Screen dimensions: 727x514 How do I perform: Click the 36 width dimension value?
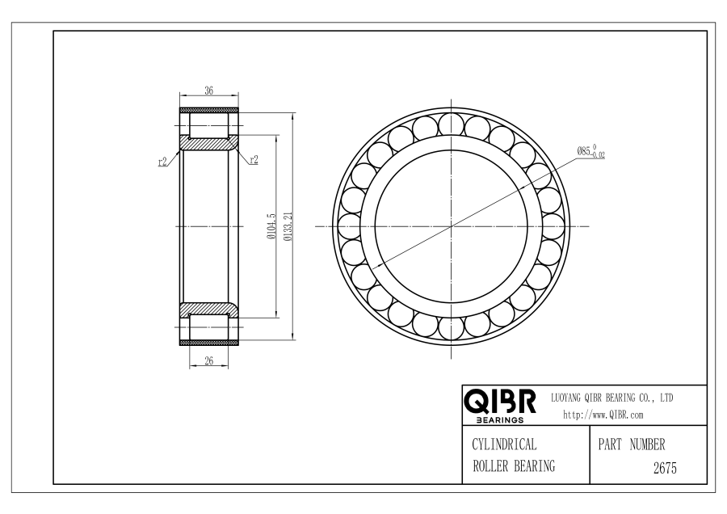click(209, 91)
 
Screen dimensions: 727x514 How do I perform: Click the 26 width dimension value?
click(209, 360)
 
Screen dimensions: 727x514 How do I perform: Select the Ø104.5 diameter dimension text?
click(271, 226)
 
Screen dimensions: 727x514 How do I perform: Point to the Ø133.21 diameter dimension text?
click(288, 227)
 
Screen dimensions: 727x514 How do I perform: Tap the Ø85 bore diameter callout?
click(590, 151)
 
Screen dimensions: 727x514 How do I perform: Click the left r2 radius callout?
click(162, 162)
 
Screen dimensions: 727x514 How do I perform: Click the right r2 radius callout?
click(254, 159)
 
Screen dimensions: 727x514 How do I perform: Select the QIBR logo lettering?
click(500, 402)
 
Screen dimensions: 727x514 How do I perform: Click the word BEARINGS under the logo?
click(500, 419)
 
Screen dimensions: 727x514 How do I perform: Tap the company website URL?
click(603, 415)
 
